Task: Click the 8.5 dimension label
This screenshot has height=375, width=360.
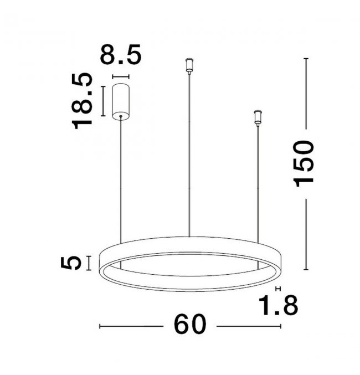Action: (121, 54)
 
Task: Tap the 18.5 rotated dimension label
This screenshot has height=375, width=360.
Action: (82, 101)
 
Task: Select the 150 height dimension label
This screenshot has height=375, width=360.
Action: (304, 163)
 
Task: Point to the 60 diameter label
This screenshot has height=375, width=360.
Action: (189, 324)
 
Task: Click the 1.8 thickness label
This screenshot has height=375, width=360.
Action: (278, 305)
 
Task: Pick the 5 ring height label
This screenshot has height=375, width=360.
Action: (71, 263)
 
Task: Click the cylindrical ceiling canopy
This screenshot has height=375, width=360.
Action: (121, 101)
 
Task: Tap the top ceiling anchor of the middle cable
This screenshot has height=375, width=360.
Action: (189, 65)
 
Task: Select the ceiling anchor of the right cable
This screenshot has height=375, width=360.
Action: (258, 117)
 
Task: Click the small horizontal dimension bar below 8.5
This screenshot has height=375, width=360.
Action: (121, 77)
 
